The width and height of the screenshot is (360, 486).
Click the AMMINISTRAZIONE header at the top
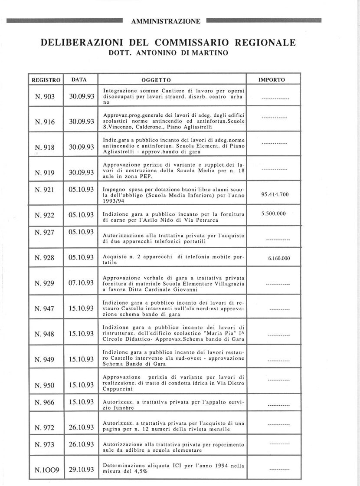[x=169, y=21]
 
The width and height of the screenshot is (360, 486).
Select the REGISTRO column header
[x=46, y=80]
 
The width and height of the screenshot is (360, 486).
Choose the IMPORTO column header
[x=272, y=80]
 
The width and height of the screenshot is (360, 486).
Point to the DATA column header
[x=79, y=80]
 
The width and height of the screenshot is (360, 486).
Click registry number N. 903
[x=44, y=97]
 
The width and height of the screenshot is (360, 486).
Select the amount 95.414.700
[x=275, y=194]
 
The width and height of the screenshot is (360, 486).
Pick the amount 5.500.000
[x=274, y=214]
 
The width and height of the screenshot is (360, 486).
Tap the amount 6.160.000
[x=276, y=259]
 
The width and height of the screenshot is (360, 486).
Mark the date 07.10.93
[x=82, y=283]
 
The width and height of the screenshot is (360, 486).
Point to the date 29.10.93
[x=82, y=470]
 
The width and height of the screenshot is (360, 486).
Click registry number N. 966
[x=44, y=403]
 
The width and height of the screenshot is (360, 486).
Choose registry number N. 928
[x=44, y=258]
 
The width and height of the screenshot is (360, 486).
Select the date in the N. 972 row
[x=82, y=427]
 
